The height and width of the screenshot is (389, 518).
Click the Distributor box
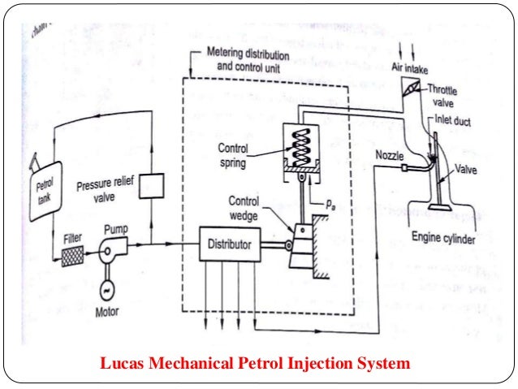click(230, 244)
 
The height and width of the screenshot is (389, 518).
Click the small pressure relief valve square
click(151, 186)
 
